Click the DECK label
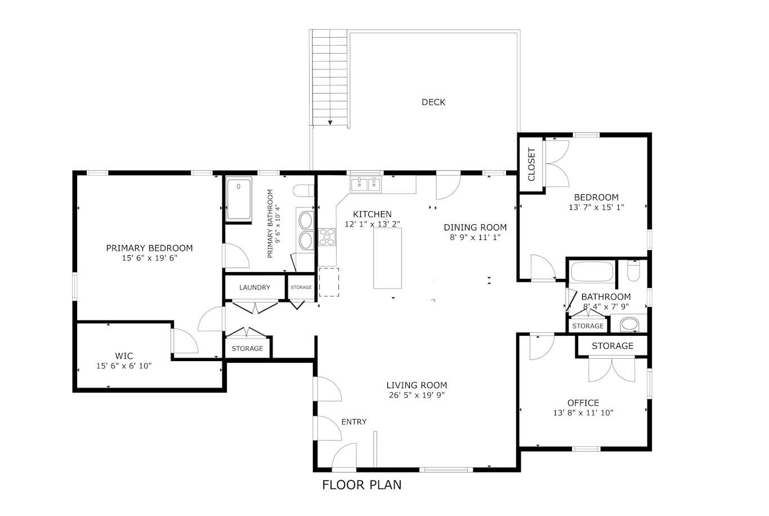click(433, 102)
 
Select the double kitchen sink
click(366, 184)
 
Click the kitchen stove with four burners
click(327, 237)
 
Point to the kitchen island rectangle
click(388, 259)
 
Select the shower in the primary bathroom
click(239, 199)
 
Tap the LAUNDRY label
click(254, 287)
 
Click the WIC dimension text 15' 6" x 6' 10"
click(124, 366)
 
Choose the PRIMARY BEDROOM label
click(149, 248)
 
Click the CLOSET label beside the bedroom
click(531, 164)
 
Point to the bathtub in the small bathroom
click(592, 272)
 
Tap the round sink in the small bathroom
click(629, 324)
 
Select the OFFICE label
click(583, 403)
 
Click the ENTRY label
click(354, 422)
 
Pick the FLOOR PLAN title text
click(361, 484)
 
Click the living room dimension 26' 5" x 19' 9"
click(417, 395)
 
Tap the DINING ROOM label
click(475, 228)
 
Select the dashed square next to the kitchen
click(329, 282)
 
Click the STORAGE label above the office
click(612, 346)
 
